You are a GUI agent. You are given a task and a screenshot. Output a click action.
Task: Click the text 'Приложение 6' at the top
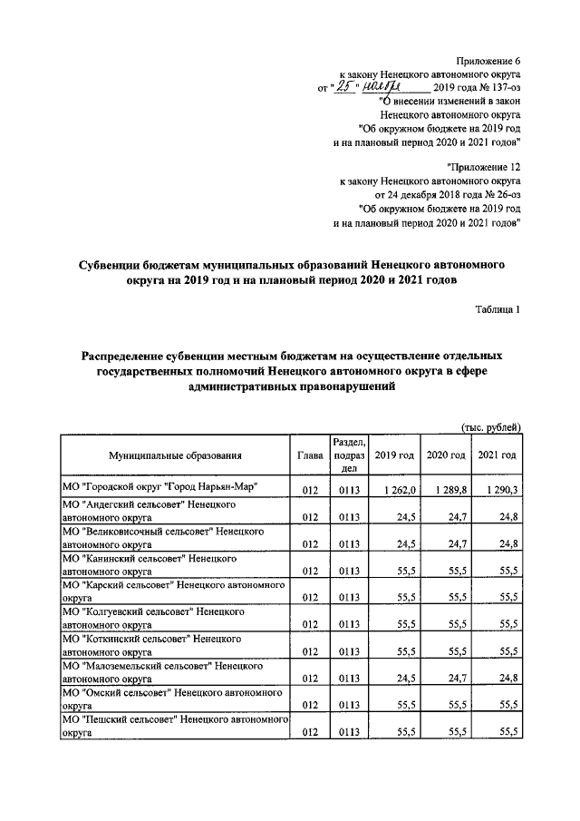pyautogui.click(x=490, y=61)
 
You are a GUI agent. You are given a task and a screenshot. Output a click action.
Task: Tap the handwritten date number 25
pyautogui.click(x=339, y=88)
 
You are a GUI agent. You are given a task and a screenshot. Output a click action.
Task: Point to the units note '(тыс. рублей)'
pyautogui.click(x=486, y=426)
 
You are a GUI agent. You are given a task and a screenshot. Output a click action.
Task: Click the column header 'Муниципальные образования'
pyautogui.click(x=175, y=455)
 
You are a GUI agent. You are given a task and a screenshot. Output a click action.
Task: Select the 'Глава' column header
pyautogui.click(x=309, y=455)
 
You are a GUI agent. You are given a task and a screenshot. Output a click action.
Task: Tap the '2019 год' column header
pyautogui.click(x=394, y=455)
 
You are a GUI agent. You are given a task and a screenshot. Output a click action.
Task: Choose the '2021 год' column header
pyautogui.click(x=497, y=455)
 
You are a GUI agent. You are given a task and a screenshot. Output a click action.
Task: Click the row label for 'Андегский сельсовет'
pyautogui.click(x=149, y=510)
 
